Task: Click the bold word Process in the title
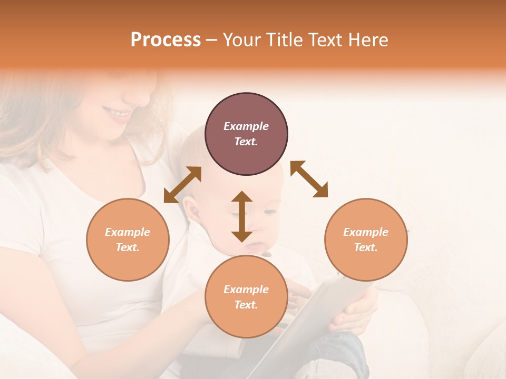pos(166,40)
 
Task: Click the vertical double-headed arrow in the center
pos(242,216)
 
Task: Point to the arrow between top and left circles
pos(182,185)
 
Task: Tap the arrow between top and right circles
pos(309,179)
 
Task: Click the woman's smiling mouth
pos(119,113)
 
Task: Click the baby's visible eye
pos(269,212)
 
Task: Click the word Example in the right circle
pos(366,232)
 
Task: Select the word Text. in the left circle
pos(128,247)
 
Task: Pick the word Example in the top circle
pos(246,126)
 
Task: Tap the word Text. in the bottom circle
pos(246,305)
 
